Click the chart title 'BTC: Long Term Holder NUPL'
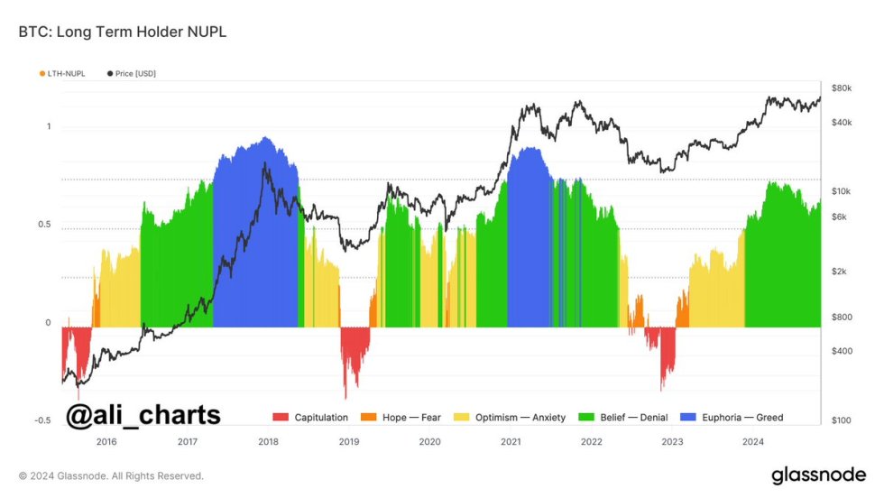pyautogui.click(x=122, y=32)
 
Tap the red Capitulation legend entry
pyautogui.click(x=311, y=418)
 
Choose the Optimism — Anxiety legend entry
pyautogui.click(x=513, y=418)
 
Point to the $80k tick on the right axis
pyautogui.click(x=842, y=88)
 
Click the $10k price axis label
pyautogui.click(x=842, y=191)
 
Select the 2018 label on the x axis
pyautogui.click(x=268, y=442)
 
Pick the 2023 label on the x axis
pyautogui.click(x=671, y=442)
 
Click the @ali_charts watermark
pyautogui.click(x=143, y=415)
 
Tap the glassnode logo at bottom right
pyautogui.click(x=818, y=475)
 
